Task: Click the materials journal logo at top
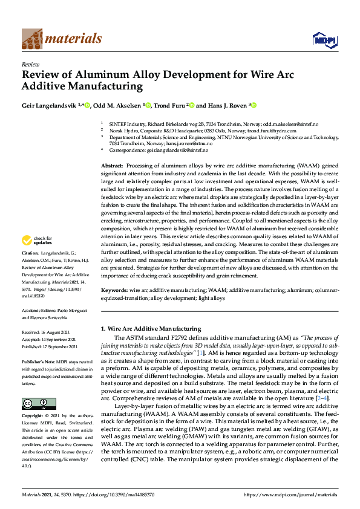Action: pyautogui.click(x=61, y=39)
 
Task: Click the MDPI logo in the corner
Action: pyautogui.click(x=324, y=40)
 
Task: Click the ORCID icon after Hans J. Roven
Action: pyautogui.click(x=255, y=105)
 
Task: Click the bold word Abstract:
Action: pyautogui.click(x=113, y=165)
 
